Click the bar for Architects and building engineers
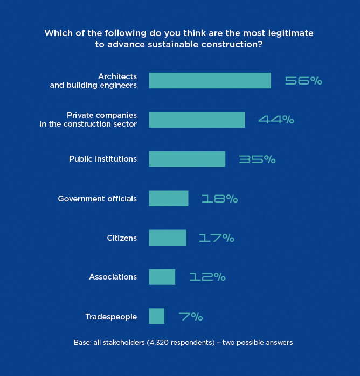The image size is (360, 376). click(x=210, y=81)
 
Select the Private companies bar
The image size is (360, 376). click(x=197, y=120)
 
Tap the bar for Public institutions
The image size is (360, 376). click(x=187, y=159)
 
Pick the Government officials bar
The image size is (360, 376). click(x=169, y=198)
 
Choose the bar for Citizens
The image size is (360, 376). click(x=168, y=238)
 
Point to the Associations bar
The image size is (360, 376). click(x=162, y=277)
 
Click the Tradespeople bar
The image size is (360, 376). click(x=156, y=316)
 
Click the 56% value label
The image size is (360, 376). click(x=303, y=81)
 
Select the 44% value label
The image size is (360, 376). click(x=276, y=120)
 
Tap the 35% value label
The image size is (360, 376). click(x=257, y=159)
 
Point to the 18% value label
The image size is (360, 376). click(x=219, y=199)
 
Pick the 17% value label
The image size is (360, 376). click(x=217, y=238)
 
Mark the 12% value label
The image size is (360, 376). click(x=207, y=277)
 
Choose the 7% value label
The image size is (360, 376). click(x=191, y=317)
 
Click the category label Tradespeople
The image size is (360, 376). click(x=111, y=317)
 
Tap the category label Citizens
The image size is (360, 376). click(x=122, y=238)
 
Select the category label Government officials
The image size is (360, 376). click(x=98, y=199)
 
